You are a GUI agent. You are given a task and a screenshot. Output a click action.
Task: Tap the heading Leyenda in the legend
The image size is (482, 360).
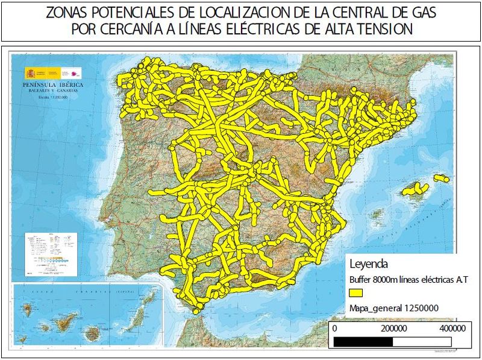(367, 264)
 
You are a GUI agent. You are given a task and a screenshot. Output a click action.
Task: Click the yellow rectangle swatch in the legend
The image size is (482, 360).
(355, 293)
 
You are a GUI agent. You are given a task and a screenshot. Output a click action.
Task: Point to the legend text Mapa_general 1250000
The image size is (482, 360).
(393, 308)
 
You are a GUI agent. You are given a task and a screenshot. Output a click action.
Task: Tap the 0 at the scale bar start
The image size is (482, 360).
(334, 329)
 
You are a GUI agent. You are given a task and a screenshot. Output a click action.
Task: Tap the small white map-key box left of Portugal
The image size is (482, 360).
(50, 254)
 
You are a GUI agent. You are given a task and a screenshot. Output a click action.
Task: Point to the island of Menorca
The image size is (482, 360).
(442, 178)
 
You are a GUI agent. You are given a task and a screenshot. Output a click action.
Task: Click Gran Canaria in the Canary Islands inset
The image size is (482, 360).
(93, 332)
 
